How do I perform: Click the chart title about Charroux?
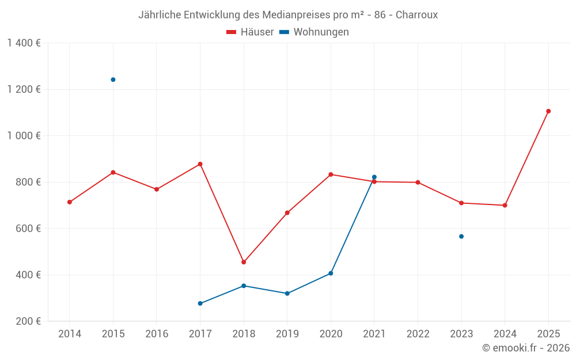coord(288,14)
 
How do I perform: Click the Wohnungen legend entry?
coord(314,32)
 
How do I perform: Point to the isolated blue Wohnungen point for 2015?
coord(113,79)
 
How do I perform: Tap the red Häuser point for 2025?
coord(548,111)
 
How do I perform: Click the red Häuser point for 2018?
coord(244,262)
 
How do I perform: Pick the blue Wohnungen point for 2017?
coord(200,304)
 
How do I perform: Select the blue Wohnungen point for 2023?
coord(461,236)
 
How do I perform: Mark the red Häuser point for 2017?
coord(200,164)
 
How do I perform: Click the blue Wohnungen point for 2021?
coord(374,177)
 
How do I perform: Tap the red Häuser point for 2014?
coord(70,202)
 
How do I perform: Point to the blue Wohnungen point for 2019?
coord(287,294)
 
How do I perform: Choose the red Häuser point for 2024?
coord(505,205)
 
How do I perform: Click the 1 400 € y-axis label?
coord(24,43)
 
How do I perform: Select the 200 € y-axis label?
coord(28,321)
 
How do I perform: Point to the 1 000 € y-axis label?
coord(24,136)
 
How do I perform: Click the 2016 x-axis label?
coord(157,334)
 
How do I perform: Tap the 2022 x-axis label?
coord(418,334)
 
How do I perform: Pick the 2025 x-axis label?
coord(548,334)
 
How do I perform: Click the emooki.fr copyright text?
coord(525,348)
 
